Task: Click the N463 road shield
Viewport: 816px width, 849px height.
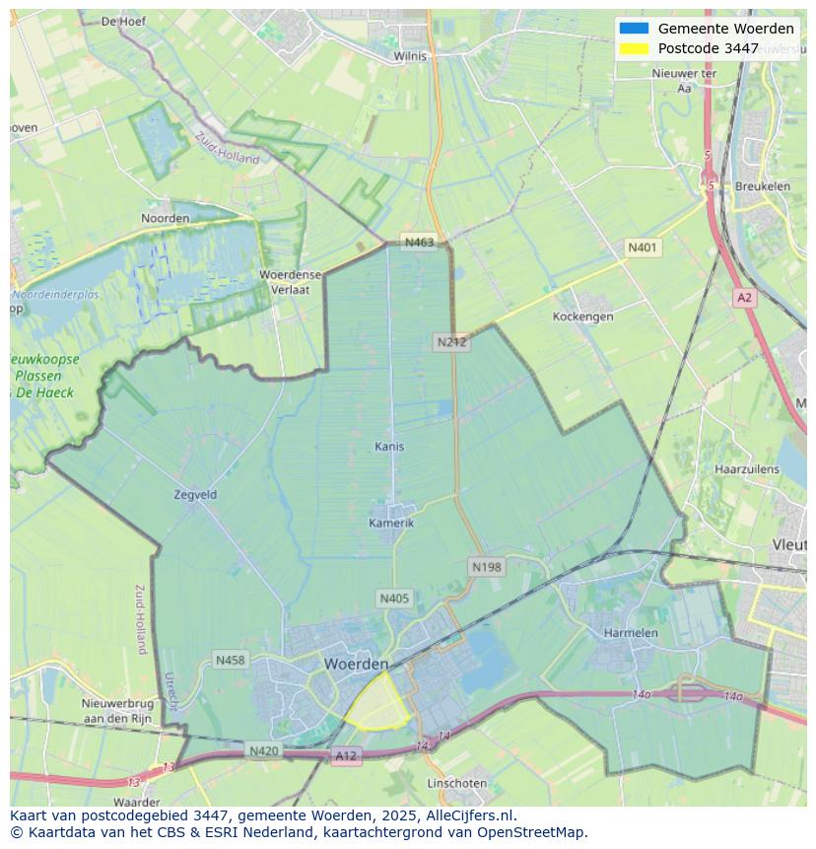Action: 419,243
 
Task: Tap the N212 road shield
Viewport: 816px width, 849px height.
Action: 451,342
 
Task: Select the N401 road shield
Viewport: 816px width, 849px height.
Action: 643,248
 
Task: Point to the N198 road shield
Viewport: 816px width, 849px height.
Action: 486,567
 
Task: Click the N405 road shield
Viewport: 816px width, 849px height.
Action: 394,599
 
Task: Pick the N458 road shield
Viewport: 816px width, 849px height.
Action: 230,660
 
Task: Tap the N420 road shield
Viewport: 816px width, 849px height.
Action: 263,751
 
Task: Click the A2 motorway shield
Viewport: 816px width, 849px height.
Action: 744,297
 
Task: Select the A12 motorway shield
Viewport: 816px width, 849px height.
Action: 346,756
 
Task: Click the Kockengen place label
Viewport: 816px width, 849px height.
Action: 582,317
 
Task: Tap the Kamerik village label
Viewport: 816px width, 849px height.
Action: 391,523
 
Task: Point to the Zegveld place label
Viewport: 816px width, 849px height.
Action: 195,495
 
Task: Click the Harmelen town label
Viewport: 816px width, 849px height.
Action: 631,632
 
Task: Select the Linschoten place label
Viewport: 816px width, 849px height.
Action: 456,783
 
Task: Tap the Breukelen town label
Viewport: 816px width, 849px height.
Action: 763,186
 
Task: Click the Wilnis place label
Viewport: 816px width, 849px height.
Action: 410,56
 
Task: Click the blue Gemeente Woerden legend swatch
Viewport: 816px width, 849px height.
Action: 634,29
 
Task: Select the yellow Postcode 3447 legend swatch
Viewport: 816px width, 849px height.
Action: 634,48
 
